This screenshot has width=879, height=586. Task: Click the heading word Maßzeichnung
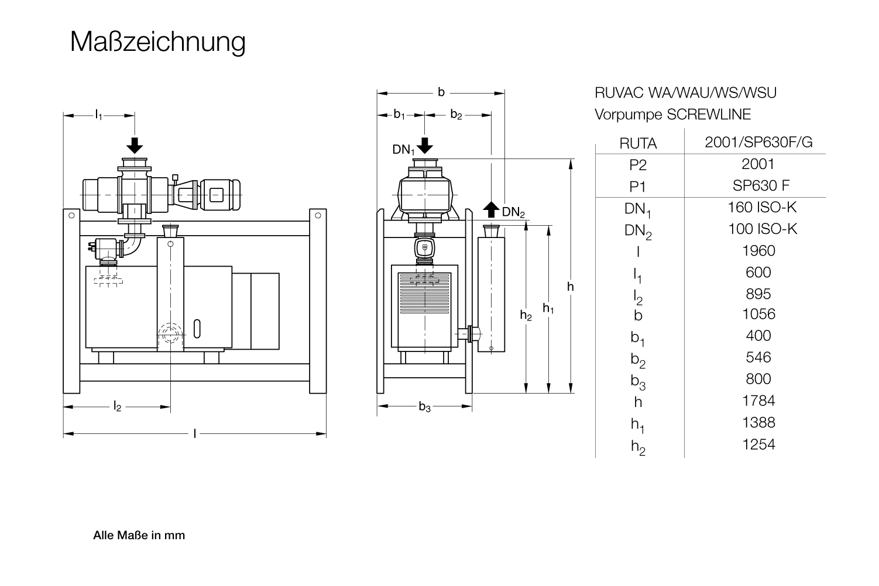[157, 42]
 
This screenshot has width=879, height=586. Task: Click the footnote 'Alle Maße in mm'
[139, 535]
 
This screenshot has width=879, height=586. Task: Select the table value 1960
[758, 251]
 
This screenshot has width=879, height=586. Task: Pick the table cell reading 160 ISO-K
[762, 208]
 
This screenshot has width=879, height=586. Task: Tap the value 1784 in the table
[758, 401]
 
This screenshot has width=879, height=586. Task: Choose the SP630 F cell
[761, 186]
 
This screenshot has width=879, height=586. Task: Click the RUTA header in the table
[638, 143]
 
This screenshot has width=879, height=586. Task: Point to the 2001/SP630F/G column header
[758, 143]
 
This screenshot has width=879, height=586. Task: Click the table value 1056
[758, 314]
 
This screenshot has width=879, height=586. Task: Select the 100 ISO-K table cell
[762, 229]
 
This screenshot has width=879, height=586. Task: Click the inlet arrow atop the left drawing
[135, 145]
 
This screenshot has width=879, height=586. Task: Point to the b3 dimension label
[424, 408]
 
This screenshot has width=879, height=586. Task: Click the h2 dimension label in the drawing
[526, 316]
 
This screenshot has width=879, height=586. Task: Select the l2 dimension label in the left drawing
[117, 407]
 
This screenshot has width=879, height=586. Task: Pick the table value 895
[758, 294]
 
